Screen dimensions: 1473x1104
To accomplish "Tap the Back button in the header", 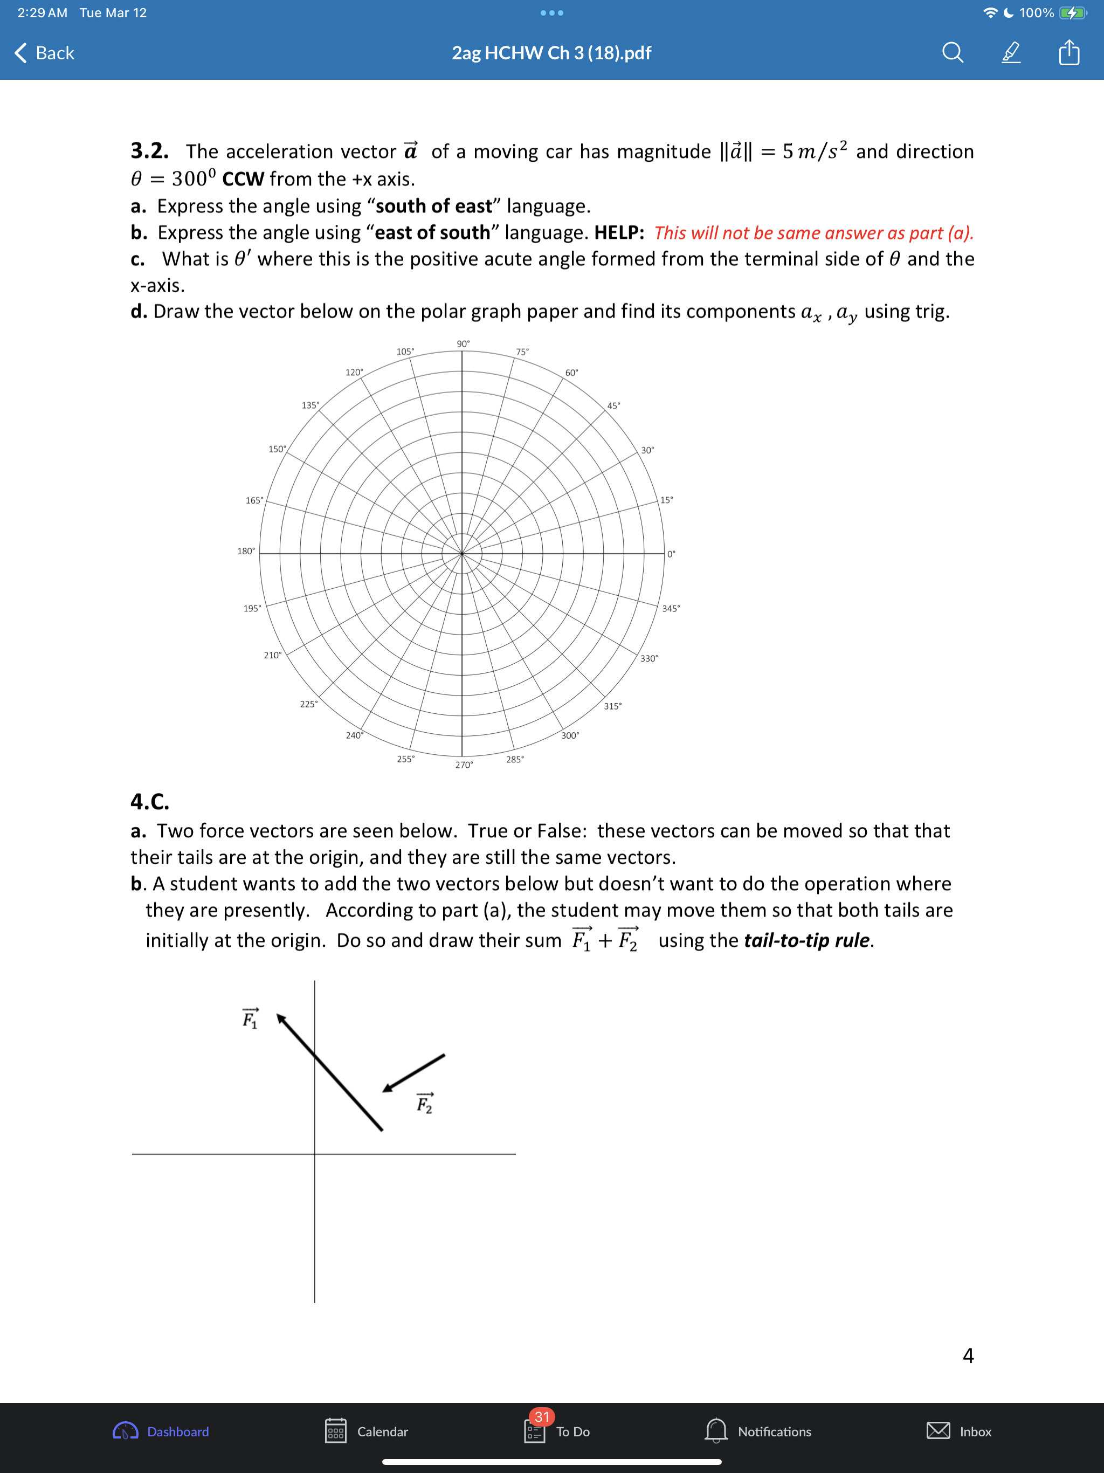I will click(x=45, y=53).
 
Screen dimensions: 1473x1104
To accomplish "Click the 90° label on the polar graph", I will click(x=463, y=343).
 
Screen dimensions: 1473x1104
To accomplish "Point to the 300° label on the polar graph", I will click(x=570, y=735).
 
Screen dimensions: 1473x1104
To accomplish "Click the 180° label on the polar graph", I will click(x=246, y=550).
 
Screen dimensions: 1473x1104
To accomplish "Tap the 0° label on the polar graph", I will click(x=671, y=553).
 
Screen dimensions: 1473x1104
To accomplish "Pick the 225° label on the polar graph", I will click(x=308, y=704).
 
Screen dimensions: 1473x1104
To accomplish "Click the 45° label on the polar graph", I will click(x=613, y=405).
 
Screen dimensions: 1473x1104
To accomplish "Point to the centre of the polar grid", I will click(x=461, y=553).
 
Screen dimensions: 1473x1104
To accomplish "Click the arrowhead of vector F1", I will click(x=281, y=1019).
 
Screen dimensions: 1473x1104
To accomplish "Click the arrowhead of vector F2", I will click(x=387, y=1089).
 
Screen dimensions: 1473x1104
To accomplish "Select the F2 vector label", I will click(x=424, y=1104).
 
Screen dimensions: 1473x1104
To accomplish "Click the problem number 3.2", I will click(x=149, y=151).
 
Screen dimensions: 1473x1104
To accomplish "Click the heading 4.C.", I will click(x=150, y=801).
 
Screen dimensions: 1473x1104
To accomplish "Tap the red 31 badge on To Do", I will click(x=541, y=1416).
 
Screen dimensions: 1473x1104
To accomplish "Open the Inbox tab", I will click(x=959, y=1431).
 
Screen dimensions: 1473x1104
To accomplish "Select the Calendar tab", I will click(x=367, y=1431).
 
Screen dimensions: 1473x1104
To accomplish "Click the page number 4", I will click(x=968, y=1355).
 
